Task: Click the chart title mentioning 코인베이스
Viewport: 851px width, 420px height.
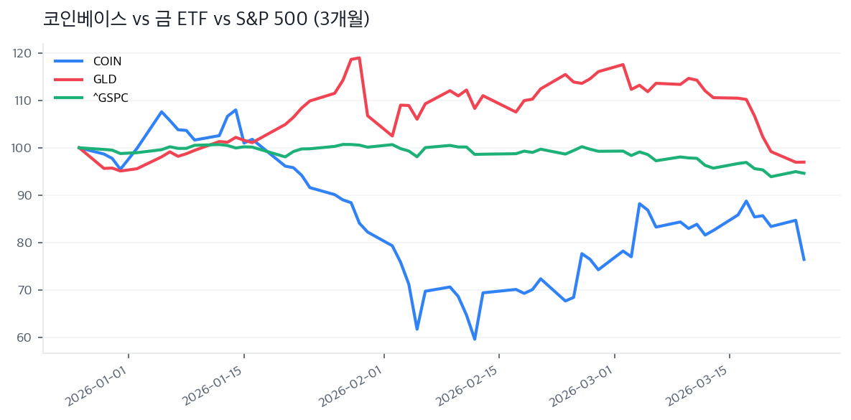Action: click(206, 19)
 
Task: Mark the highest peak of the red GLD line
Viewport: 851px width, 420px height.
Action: click(359, 57)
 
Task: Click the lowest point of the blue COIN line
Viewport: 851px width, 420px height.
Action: click(475, 339)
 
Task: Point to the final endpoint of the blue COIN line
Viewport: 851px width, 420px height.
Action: click(804, 260)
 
